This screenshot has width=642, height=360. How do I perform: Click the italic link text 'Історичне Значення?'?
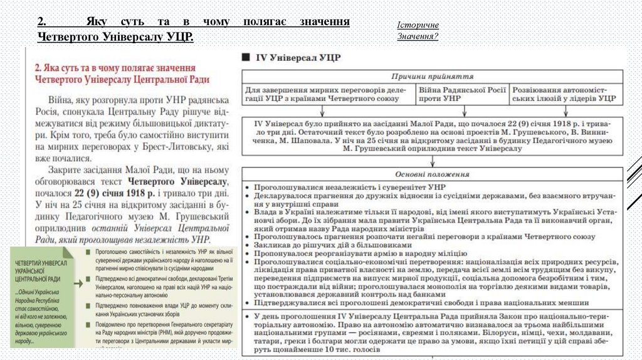coord(418,30)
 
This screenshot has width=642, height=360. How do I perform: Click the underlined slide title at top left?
coord(193,29)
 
